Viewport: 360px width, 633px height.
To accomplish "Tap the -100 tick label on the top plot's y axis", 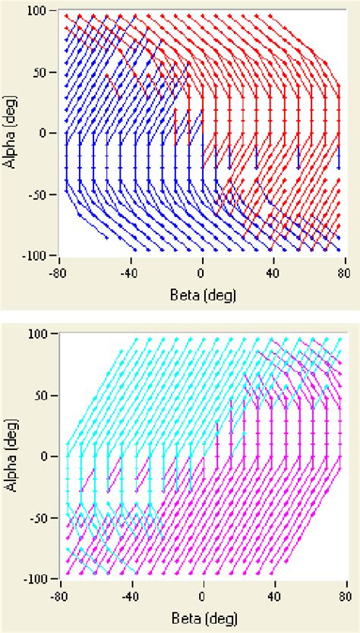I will click(35, 254).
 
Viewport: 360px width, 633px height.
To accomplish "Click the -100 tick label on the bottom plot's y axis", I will click(35, 578).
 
